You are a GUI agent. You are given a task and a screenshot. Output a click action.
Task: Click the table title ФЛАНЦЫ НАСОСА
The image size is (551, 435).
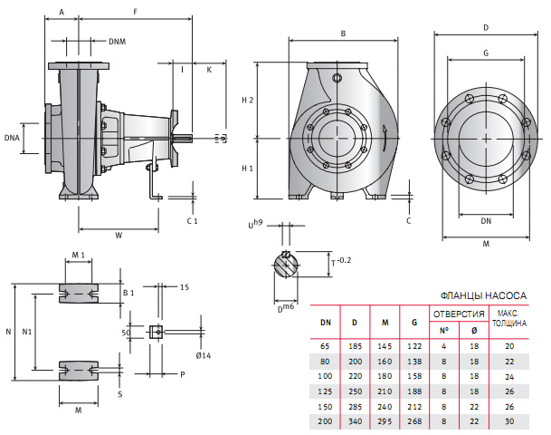pos(482,295)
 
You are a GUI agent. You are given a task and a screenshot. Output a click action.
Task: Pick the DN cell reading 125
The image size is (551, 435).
pos(326,391)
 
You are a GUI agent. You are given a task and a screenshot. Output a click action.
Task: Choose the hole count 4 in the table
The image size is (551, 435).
pos(443,346)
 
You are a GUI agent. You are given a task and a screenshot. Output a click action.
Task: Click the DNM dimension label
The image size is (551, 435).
pos(118,42)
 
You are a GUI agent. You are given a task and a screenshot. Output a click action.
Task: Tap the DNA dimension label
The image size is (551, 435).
pos(11,139)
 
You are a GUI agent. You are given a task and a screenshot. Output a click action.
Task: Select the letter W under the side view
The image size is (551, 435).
pos(119,236)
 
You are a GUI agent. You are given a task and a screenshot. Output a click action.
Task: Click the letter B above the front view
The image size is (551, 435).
pos(343,34)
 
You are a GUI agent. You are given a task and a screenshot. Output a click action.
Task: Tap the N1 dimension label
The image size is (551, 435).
pos(27,332)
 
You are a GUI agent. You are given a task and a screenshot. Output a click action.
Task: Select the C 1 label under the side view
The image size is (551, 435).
pos(192,220)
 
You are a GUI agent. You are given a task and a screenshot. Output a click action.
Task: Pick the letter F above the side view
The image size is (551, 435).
pos(135,12)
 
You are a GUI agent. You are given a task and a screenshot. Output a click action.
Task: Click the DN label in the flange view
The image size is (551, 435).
pos(486,221)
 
